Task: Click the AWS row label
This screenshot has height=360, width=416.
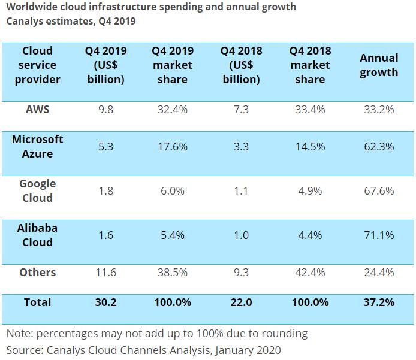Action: click(x=37, y=110)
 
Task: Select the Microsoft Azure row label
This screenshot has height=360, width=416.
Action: click(x=37, y=146)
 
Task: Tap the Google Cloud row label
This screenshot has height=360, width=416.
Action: click(x=37, y=190)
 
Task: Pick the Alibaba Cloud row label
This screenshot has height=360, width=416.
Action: click(x=37, y=235)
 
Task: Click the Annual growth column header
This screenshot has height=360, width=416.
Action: click(x=379, y=65)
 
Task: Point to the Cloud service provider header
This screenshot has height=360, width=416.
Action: click(x=37, y=65)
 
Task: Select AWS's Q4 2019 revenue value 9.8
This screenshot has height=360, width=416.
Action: click(x=105, y=110)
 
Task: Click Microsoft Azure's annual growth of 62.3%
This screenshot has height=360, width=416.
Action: click(x=379, y=146)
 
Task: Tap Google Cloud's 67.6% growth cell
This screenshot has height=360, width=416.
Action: click(x=379, y=190)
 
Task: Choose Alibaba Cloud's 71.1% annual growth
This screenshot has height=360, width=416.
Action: click(x=379, y=235)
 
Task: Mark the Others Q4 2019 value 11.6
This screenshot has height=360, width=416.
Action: click(x=105, y=273)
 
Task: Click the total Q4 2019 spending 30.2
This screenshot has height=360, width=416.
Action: click(x=105, y=302)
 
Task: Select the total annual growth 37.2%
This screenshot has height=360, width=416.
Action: click(x=379, y=302)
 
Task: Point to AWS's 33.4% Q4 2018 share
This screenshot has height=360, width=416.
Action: click(x=310, y=110)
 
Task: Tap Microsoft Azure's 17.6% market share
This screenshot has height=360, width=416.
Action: click(x=172, y=146)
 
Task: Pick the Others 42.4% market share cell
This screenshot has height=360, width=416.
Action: click(x=310, y=273)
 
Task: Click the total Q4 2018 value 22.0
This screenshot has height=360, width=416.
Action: click(x=241, y=302)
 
